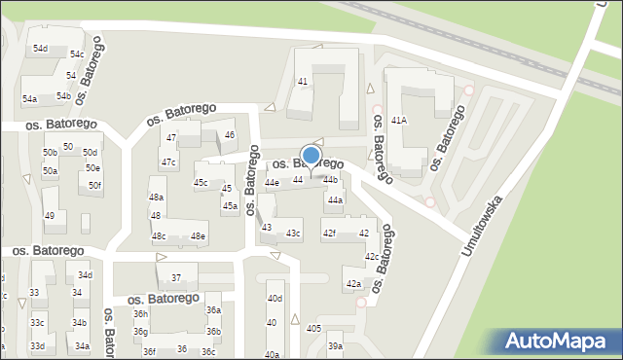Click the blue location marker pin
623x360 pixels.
[x=311, y=157]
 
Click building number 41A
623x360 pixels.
[x=398, y=120]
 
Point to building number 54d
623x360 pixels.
[x=40, y=49]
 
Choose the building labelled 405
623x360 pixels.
[x=313, y=329]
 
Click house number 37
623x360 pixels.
[x=176, y=278]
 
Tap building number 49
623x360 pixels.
[x=50, y=216]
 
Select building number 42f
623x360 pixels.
[x=329, y=234]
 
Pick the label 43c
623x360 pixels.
[x=294, y=234]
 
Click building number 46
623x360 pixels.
[x=230, y=135]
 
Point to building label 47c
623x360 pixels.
[x=168, y=162]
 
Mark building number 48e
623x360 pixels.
[x=198, y=236]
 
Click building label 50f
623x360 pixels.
[x=94, y=185]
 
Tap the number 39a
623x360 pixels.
[x=335, y=346]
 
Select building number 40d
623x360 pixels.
[x=275, y=299]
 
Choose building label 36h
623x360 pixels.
[x=141, y=314]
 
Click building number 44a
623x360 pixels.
[x=335, y=200]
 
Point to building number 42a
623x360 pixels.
[x=353, y=284]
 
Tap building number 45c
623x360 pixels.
[x=201, y=183]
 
